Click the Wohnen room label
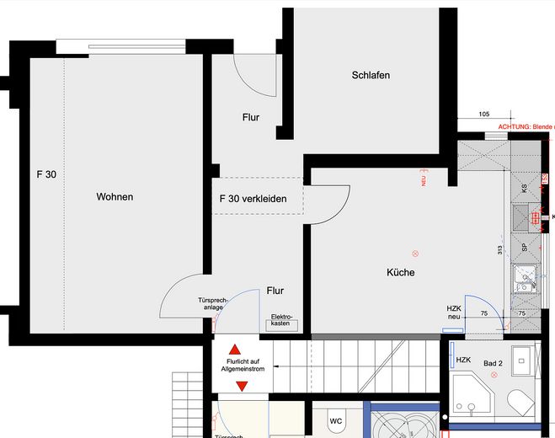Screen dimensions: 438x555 tap(115, 197)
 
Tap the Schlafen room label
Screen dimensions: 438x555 tap(371, 76)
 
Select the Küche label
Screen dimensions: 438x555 tap(400, 273)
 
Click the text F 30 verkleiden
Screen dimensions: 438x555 tap(253, 200)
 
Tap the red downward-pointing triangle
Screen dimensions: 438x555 tap(242, 386)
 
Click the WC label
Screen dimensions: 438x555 tap(335, 420)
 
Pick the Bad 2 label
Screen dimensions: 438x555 tap(493, 363)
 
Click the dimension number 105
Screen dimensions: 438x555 tap(483, 114)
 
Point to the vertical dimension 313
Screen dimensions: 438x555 tap(499, 249)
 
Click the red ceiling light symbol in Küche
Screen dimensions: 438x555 tap(414, 254)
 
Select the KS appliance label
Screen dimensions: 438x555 tap(524, 190)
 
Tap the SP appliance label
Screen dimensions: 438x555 tap(524, 248)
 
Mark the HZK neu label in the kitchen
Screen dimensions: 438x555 tap(454, 312)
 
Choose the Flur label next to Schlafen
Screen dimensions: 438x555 tap(250, 118)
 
